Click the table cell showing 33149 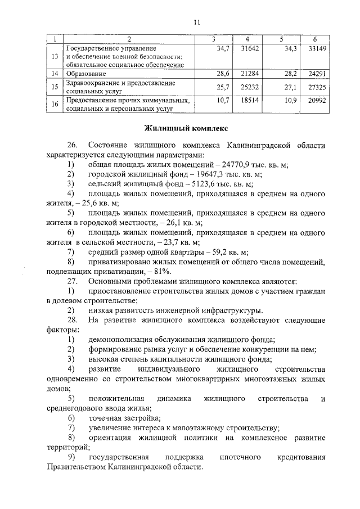tap(316, 50)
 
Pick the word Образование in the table tap(87, 74)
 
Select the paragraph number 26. tap(73, 145)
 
